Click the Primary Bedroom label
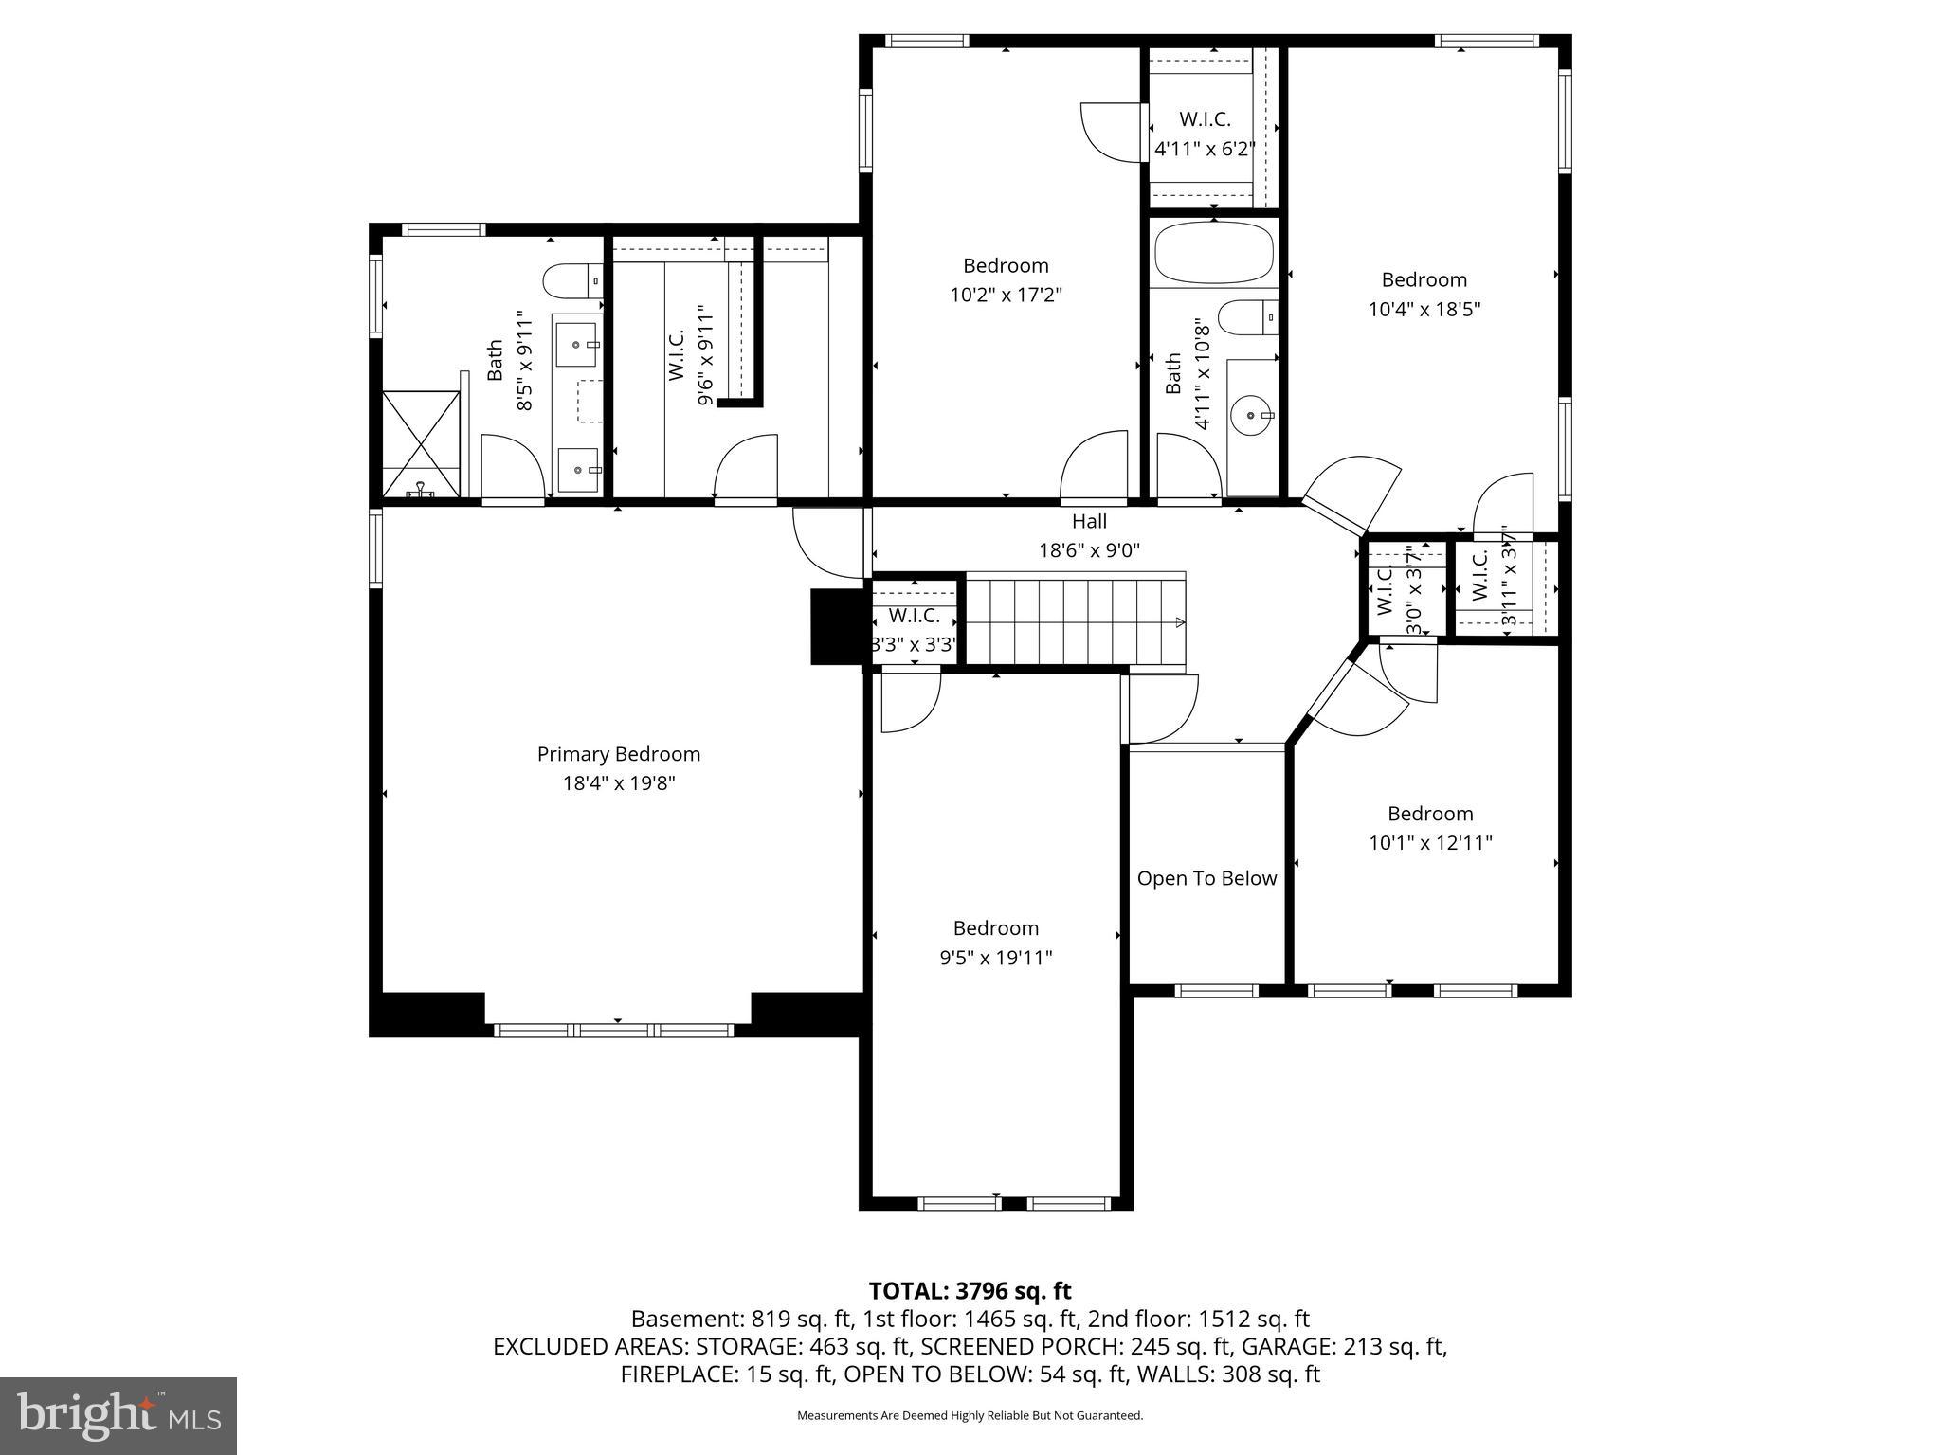point(618,754)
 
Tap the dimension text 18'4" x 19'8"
point(618,783)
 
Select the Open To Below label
point(1206,878)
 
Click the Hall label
point(1089,521)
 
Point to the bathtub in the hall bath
point(1214,252)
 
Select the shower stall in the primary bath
point(422,443)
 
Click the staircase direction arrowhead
point(1180,622)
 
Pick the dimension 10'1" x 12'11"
point(1430,843)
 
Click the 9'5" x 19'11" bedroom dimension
point(995,958)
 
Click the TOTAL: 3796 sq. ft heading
point(970,1290)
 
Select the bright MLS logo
point(118,1415)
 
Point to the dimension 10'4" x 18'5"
point(1424,309)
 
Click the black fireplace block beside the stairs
point(834,626)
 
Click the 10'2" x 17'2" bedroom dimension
point(1006,295)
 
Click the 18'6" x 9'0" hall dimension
point(1089,550)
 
